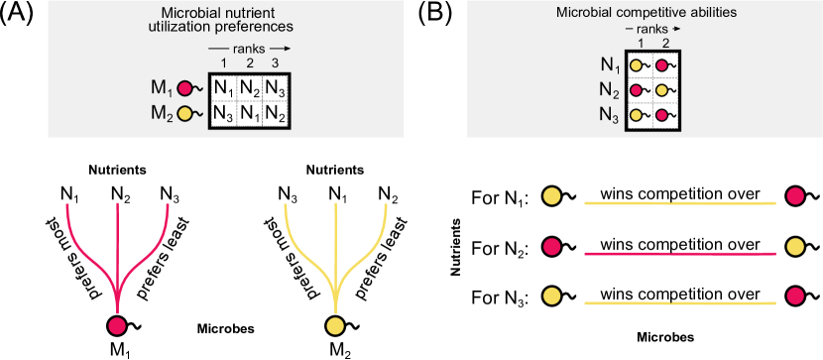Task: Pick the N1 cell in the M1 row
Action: click(223, 88)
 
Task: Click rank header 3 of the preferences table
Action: click(275, 63)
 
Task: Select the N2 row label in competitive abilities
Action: click(610, 91)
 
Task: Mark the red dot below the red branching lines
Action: click(117, 326)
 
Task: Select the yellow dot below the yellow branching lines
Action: click(335, 326)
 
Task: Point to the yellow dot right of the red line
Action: click(795, 246)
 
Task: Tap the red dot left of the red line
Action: click(552, 246)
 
